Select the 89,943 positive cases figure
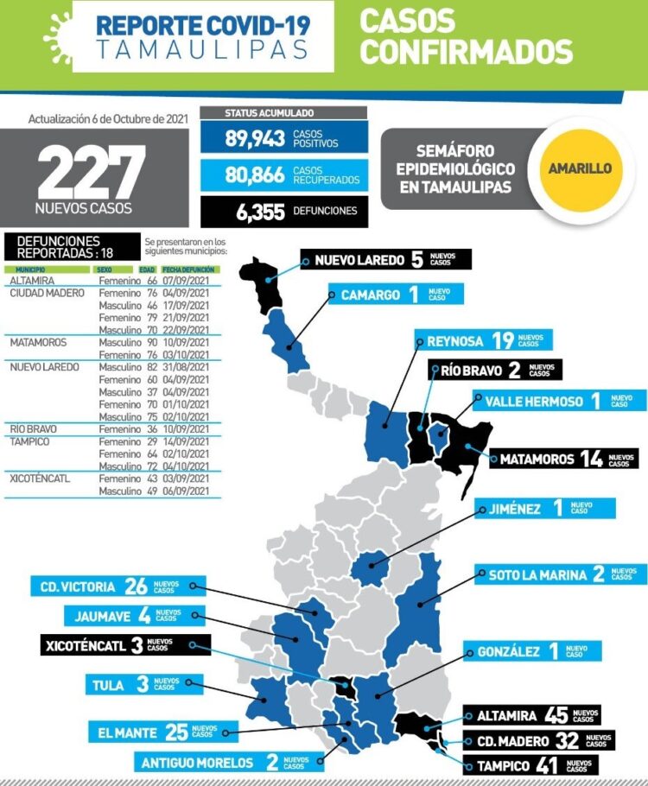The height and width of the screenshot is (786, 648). click(x=255, y=139)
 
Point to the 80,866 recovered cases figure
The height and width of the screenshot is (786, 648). click(x=255, y=175)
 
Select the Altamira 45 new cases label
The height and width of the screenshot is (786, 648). click(x=531, y=715)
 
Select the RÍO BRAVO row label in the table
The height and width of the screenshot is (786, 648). click(x=34, y=429)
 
